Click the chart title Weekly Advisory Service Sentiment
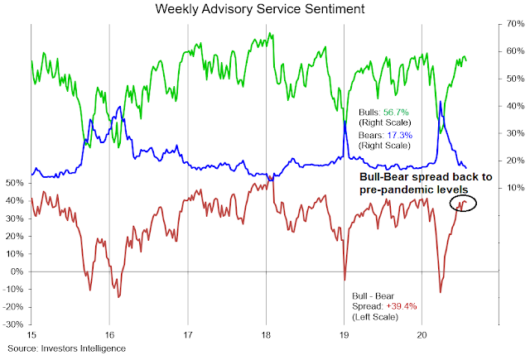click(x=265, y=10)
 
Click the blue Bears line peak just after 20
click(x=441, y=103)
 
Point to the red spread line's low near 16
click(x=118, y=296)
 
